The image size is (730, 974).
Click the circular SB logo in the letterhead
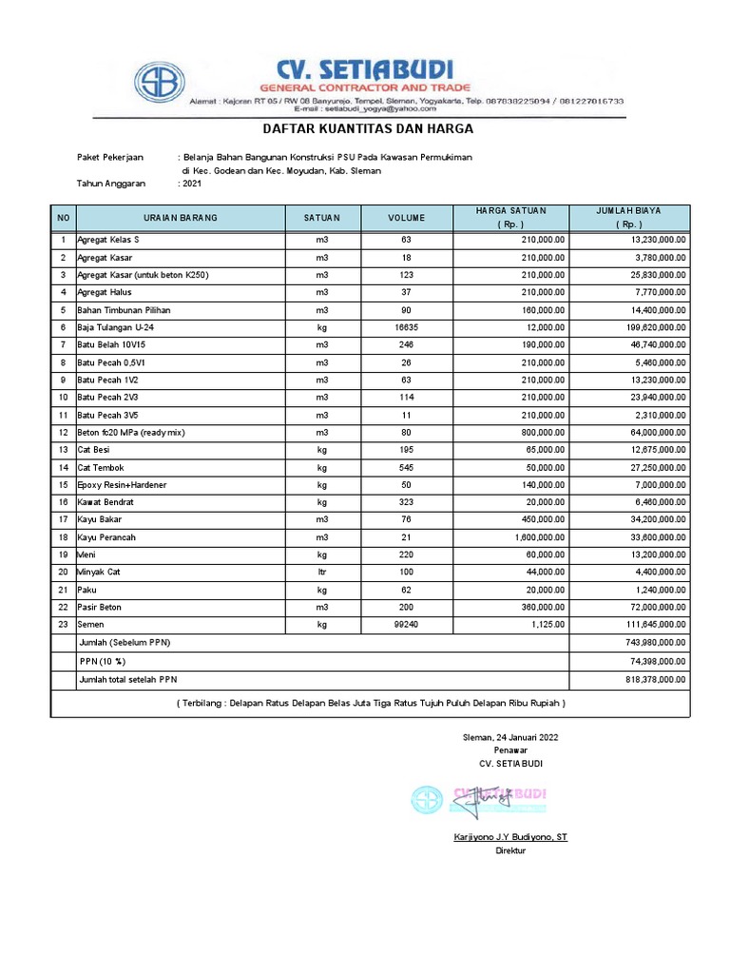[x=160, y=84]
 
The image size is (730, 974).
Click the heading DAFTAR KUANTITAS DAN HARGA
[x=367, y=128]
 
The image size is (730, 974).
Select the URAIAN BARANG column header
[x=181, y=218]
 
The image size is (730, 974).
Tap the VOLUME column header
[x=406, y=218]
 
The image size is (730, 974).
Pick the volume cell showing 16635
[x=406, y=327]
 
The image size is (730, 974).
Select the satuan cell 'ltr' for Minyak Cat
[x=321, y=572]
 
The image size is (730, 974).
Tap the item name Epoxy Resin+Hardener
[x=122, y=485]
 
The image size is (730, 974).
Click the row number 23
[x=64, y=625]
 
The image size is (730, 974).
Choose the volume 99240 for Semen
[x=406, y=625]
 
